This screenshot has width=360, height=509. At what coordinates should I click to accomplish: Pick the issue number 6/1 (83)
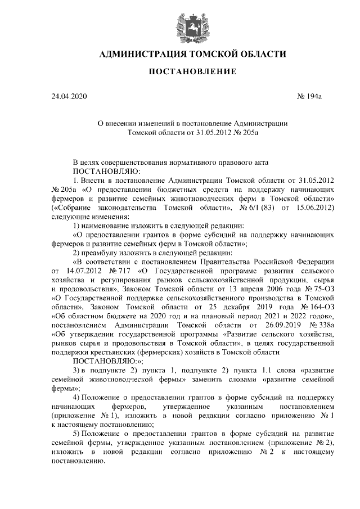tap(255, 208)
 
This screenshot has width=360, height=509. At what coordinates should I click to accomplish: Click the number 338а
tap(322, 326)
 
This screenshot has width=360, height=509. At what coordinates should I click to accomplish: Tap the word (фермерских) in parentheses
tap(136, 353)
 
